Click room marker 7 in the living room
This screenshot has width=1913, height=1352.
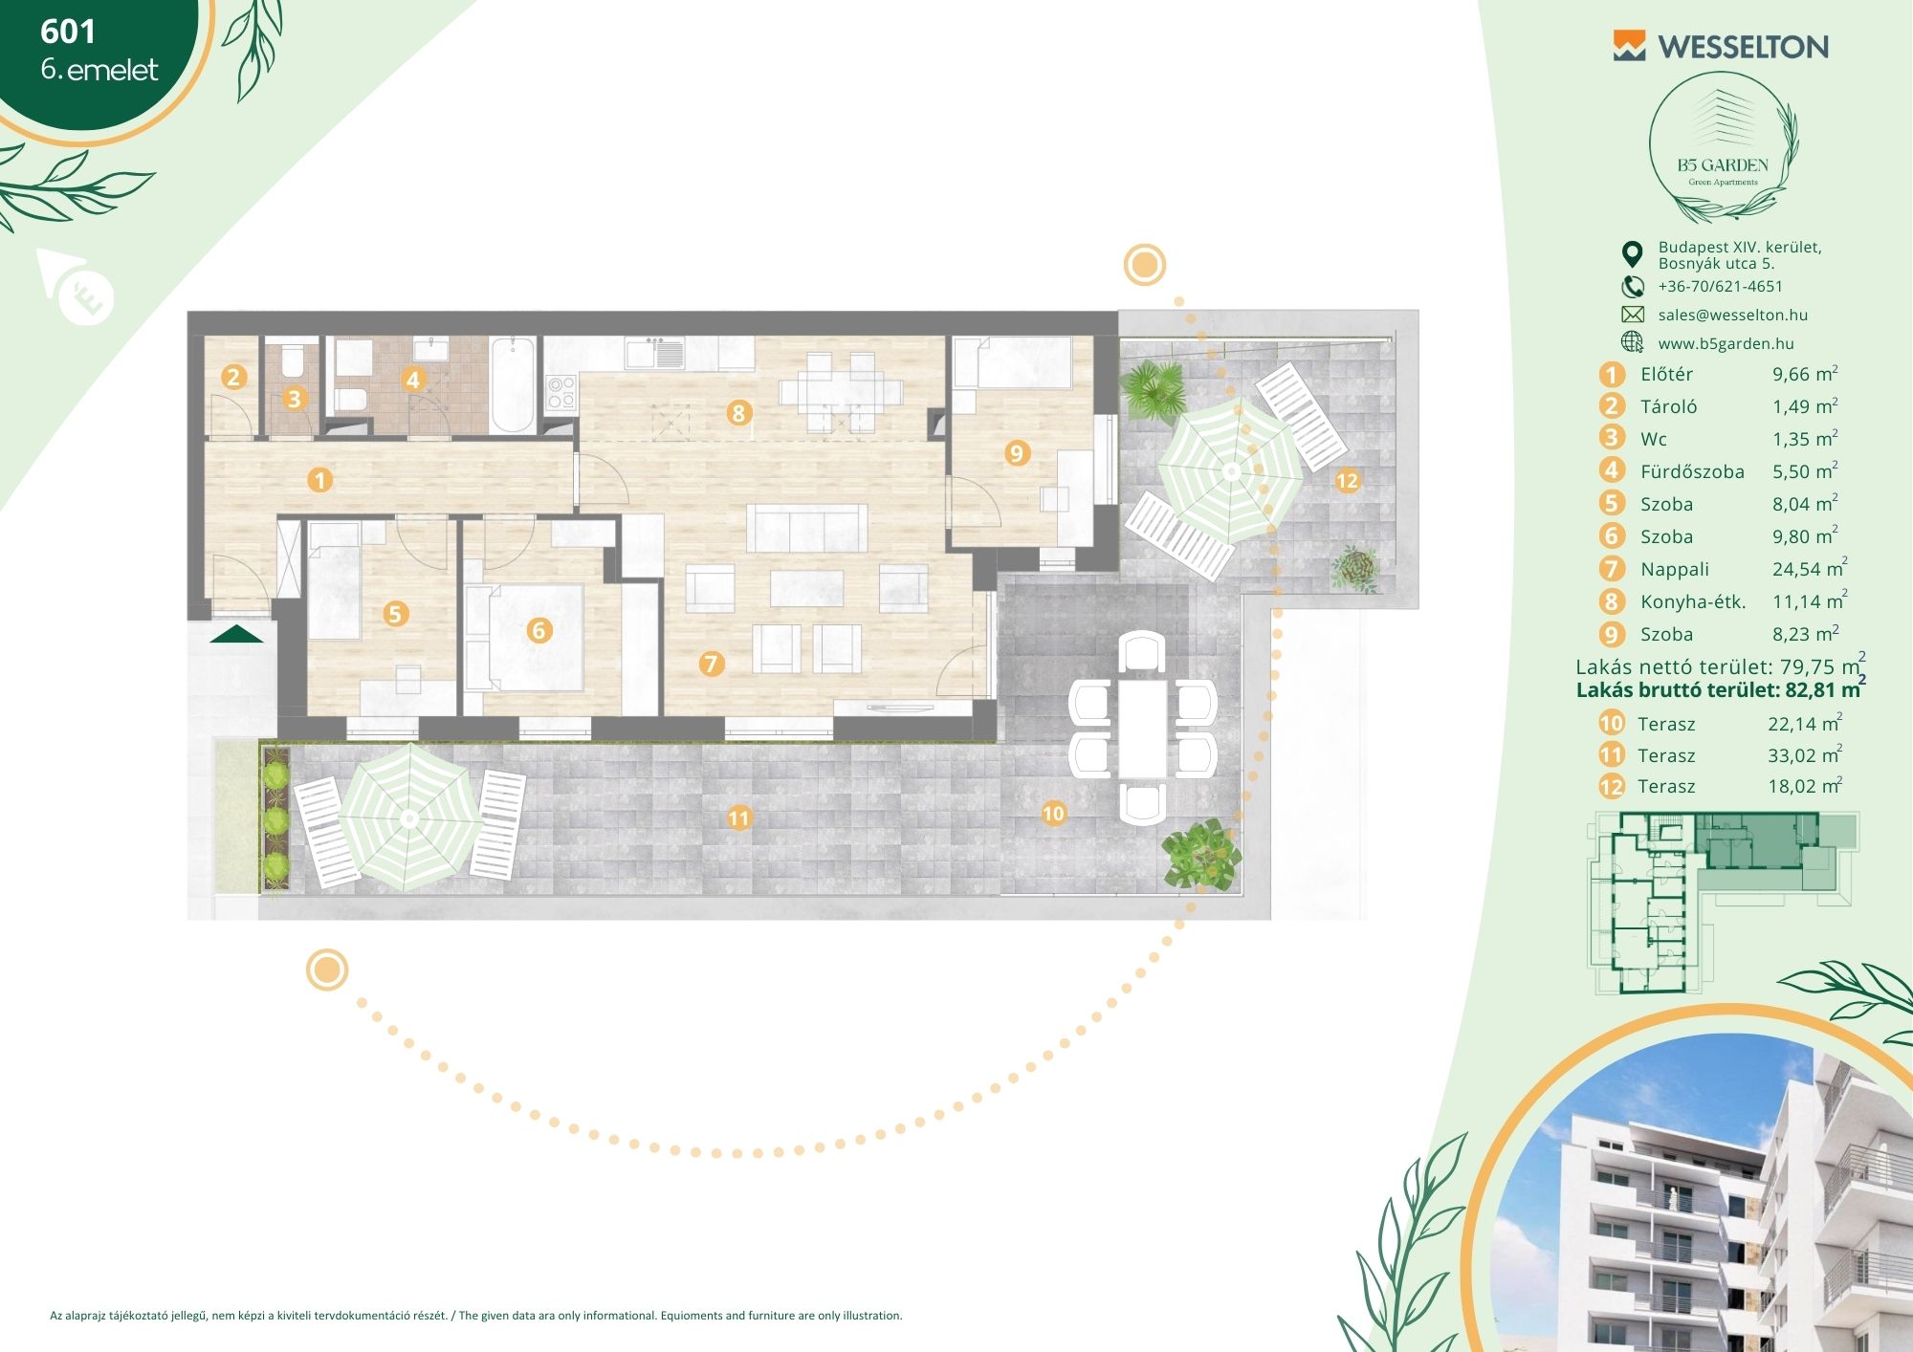click(711, 664)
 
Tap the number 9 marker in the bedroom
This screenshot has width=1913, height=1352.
click(1017, 453)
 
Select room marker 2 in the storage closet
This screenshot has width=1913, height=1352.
click(234, 377)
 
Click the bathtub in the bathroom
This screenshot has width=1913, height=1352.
click(513, 384)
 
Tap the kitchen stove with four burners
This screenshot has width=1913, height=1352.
click(561, 392)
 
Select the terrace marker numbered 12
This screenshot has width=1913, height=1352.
click(1347, 481)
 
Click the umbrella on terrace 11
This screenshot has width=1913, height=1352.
click(410, 818)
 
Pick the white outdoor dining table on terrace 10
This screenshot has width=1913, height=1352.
click(1143, 728)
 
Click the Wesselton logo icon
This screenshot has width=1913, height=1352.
click(1629, 46)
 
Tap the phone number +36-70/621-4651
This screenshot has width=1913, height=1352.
click(1720, 286)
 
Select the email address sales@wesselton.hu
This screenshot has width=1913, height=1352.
click(1732, 315)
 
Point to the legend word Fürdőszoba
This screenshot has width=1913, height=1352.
click(1692, 471)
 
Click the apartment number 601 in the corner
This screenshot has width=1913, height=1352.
click(68, 32)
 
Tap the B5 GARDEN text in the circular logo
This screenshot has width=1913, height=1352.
click(1723, 164)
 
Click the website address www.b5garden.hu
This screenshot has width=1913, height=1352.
click(1726, 343)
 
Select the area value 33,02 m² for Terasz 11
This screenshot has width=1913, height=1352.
click(1805, 754)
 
